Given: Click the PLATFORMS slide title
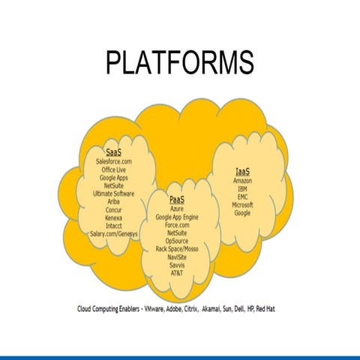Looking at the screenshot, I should pos(179,62).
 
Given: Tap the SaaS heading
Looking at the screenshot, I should pos(114,152).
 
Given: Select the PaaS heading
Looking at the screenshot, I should pos(177,199).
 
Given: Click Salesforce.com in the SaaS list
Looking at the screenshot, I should pos(114,161).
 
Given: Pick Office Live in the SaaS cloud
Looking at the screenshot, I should pos(114,169).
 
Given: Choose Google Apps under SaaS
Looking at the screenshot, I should pos(114,178).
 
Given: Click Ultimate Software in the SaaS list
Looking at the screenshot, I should pos(114,193).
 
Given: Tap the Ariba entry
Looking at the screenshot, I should pos(114,202).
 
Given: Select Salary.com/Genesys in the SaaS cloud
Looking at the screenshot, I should pos(114,234).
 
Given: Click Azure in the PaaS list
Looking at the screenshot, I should pos(177,208).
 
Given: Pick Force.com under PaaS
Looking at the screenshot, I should pos(177,225).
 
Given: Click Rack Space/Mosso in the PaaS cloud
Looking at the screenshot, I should pos(177,249).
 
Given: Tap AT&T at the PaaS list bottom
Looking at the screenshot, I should pos(177,273).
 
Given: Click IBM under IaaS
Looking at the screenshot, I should pos(242,189).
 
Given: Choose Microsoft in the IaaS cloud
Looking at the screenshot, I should pos(242,205).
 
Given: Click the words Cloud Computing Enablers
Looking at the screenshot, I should pos(112,308).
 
